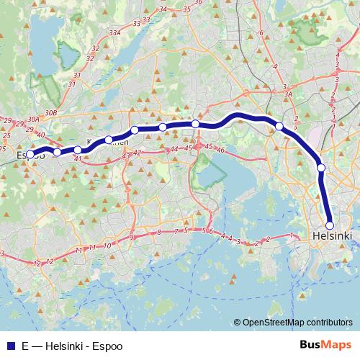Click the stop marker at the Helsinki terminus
coord(330,225)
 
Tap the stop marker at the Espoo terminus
coord(30,154)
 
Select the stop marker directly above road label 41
coord(78,150)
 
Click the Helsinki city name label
coord(333,236)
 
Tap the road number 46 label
coord(221,150)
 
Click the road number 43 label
coord(126,156)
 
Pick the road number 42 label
coord(137,153)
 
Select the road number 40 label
coord(40,135)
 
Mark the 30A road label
coord(32,119)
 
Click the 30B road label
coord(50,113)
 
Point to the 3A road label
coord(287,94)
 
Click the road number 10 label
coord(107,246)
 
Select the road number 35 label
coord(187,9)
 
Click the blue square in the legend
coord(9,346)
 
